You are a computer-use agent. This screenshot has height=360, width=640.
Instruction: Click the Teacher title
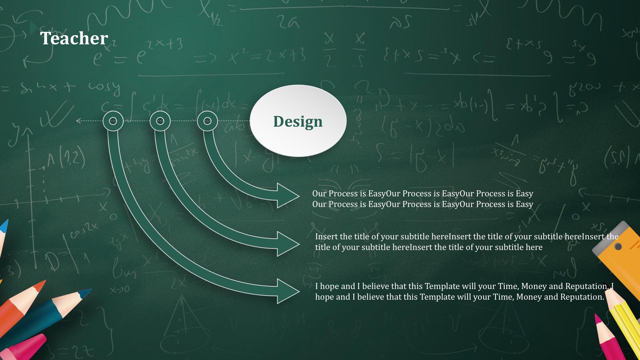tap(74, 38)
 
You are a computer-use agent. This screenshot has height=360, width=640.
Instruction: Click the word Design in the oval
tap(298, 121)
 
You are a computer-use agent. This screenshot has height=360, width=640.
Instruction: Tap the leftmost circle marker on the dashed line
tap(113, 121)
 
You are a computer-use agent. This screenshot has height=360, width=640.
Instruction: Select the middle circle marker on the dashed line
tap(160, 121)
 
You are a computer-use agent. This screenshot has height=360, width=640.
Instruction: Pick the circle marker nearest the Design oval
tap(207, 121)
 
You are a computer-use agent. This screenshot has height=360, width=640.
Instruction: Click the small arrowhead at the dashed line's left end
tap(78, 121)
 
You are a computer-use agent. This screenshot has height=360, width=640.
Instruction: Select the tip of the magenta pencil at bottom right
tap(598, 319)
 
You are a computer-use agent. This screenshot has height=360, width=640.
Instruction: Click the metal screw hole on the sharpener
tap(618, 247)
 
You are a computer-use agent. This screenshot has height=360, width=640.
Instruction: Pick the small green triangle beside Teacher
tap(33, 28)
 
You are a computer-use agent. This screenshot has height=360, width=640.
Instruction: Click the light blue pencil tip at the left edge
tap(4, 226)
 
